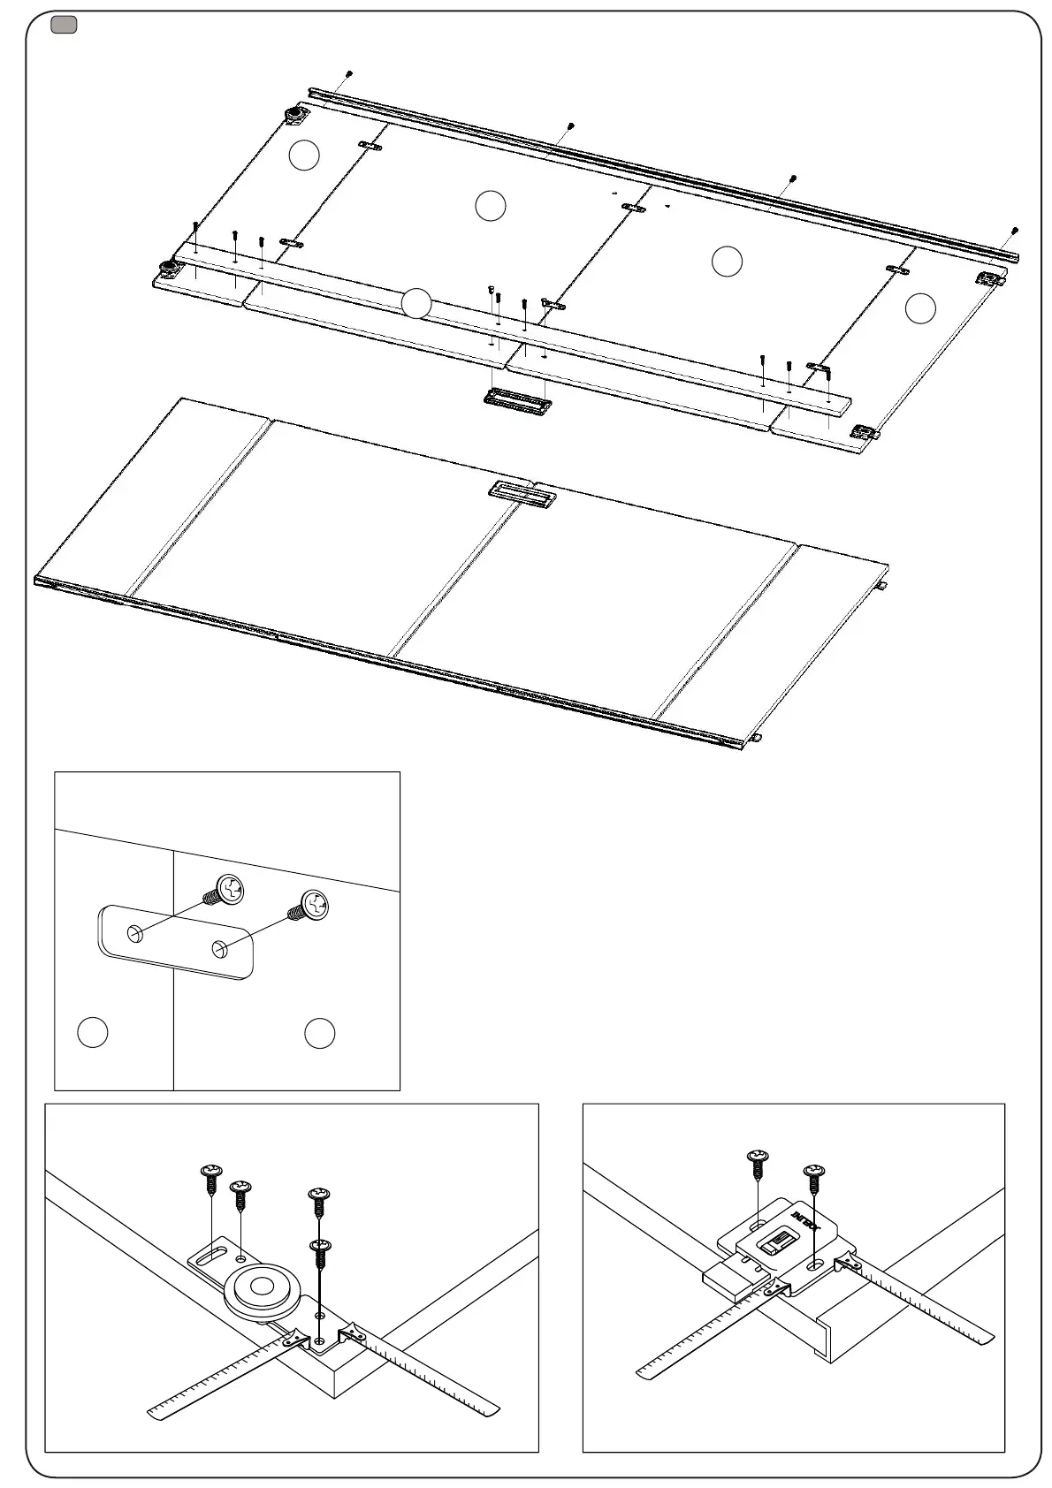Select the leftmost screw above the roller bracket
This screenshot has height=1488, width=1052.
(211, 1175)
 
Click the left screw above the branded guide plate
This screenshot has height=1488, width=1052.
(758, 1159)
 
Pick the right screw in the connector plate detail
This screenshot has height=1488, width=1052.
(313, 906)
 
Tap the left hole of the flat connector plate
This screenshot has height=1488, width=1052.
(135, 934)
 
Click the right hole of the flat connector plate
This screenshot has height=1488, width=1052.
(219, 950)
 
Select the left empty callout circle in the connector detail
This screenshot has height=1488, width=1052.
(93, 1033)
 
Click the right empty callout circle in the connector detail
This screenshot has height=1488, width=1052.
(319, 1033)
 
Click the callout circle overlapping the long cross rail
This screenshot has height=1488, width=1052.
(415, 303)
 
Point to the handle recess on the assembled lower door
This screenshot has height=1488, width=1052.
(522, 493)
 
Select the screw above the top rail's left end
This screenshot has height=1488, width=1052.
(349, 74)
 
